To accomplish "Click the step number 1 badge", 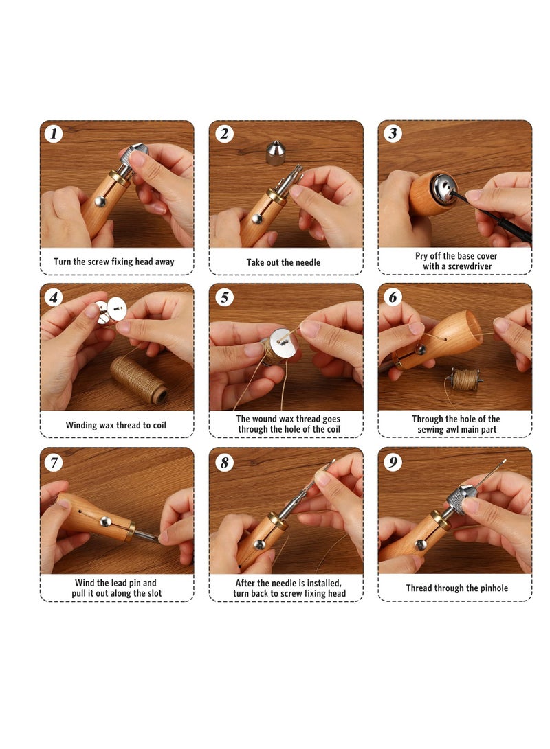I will pos(54,133).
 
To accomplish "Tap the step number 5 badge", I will pos(223,297).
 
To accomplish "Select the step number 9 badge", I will pos(393,461).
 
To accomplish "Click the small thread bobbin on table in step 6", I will pos(465,378).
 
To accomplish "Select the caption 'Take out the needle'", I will pos(283,262).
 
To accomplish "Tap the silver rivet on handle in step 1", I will pos(100,201).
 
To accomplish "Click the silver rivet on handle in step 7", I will pos(107,522).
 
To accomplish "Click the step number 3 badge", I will pos(393,133).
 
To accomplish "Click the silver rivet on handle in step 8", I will pos(259,544).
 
